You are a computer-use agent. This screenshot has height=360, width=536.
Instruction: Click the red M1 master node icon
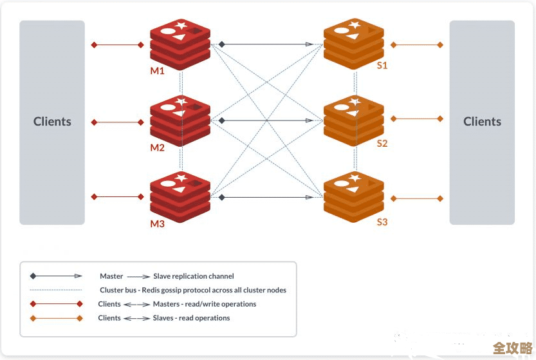tap(181, 44)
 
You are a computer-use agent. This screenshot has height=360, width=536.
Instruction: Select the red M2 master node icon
tap(181, 120)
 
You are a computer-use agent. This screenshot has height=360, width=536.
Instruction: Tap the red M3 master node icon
tap(181, 196)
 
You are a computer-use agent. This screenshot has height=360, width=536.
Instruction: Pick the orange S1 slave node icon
tap(354, 44)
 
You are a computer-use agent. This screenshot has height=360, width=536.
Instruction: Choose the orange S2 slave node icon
tap(354, 120)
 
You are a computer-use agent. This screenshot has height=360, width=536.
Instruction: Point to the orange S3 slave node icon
tap(354, 196)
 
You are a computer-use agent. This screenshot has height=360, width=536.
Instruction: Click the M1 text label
tap(158, 71)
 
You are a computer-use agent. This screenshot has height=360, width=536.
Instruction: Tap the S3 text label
tap(382, 222)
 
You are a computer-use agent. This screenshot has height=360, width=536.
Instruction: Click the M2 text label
tap(158, 147)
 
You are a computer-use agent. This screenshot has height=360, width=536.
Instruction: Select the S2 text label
tap(382, 144)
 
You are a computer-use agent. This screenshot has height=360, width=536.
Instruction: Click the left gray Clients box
tap(52, 122)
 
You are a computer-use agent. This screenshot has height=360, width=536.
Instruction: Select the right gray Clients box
tap(482, 122)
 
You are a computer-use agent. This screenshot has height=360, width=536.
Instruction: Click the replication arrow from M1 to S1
tap(267, 44)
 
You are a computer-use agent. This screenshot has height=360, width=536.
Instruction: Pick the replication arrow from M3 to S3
tap(267, 197)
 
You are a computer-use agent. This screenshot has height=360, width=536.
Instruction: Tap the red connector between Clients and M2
tap(118, 122)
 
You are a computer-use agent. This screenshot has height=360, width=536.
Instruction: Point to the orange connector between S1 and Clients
tap(417, 45)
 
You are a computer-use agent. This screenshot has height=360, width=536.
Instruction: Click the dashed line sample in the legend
tap(56, 290)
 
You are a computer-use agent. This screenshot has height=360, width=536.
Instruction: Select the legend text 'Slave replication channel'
tap(193, 276)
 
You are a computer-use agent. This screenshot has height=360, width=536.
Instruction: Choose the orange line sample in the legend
tap(56, 318)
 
